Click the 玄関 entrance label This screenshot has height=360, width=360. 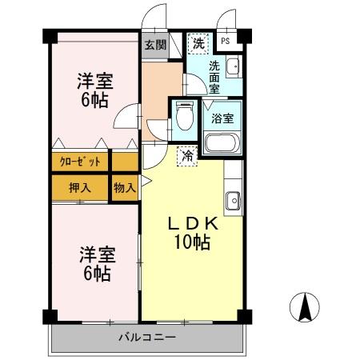(156, 45)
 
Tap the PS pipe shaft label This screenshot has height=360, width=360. (226, 41)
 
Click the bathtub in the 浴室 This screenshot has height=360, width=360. (222, 143)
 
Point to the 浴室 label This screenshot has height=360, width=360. (222, 118)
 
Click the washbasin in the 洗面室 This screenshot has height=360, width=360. (234, 66)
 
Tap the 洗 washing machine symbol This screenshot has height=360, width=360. (198, 43)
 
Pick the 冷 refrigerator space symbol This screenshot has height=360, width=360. (187, 156)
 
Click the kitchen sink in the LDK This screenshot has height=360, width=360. (234, 201)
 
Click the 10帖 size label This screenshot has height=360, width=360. (192, 242)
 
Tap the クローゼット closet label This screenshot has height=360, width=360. (80, 162)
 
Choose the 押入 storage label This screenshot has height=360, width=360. (80, 188)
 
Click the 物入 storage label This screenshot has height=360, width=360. (125, 188)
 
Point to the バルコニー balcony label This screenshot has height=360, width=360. (147, 338)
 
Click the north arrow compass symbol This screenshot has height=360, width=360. (304, 307)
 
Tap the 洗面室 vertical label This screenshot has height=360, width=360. (214, 78)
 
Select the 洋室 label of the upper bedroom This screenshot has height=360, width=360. (95, 81)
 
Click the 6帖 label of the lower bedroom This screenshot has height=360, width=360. (97, 274)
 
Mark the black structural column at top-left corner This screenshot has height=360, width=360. (50, 36)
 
